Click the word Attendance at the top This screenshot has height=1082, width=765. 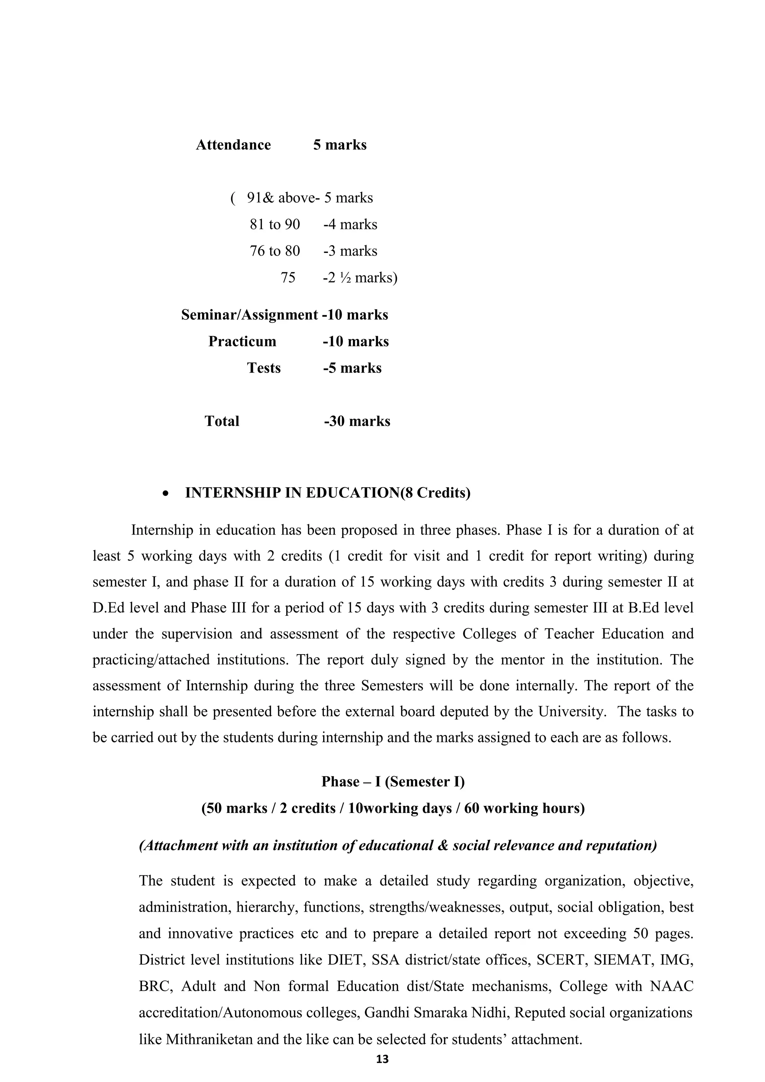click(233, 145)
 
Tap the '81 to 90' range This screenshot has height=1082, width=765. click(275, 224)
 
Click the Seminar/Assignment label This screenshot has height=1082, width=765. click(249, 315)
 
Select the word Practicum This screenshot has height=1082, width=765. click(242, 341)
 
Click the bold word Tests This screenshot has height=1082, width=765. click(264, 368)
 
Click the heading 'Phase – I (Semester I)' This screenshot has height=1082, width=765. click(393, 782)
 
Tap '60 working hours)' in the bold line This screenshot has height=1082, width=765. click(524, 809)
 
